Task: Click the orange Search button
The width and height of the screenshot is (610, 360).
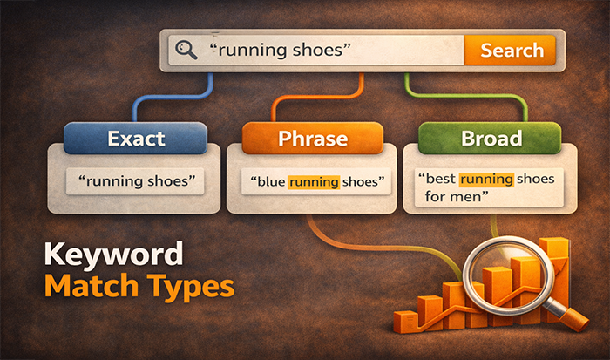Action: click(512, 50)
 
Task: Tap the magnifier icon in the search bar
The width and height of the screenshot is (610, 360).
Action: click(186, 51)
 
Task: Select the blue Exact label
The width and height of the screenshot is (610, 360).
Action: click(136, 138)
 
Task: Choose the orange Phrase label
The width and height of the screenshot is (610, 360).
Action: click(313, 138)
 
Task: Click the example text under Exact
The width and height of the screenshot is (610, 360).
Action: click(137, 182)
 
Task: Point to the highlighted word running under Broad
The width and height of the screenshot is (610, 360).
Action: click(488, 179)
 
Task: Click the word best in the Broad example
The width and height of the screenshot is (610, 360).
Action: click(438, 179)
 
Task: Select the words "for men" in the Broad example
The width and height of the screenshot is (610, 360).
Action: click(447, 197)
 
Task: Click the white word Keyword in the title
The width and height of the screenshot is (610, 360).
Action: click(112, 255)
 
